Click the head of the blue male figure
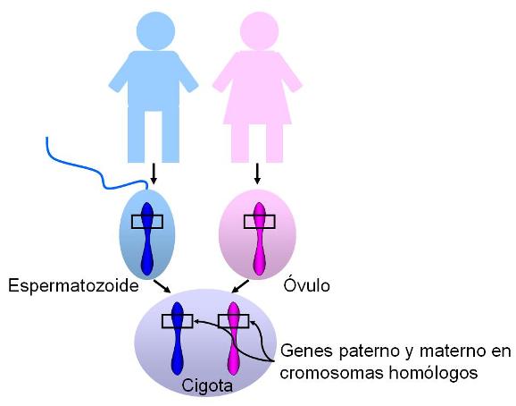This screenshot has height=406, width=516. click(x=155, y=31)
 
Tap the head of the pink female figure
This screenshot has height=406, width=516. click(x=259, y=31)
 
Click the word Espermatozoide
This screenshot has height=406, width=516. click(x=73, y=285)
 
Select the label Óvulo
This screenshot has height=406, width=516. click(x=307, y=285)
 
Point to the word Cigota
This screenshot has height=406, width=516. click(x=207, y=386)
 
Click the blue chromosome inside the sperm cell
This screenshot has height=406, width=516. click(x=147, y=239)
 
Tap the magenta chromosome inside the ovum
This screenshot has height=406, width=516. click(x=260, y=239)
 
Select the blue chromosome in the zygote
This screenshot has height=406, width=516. click(x=178, y=338)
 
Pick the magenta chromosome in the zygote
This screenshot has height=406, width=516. click(x=234, y=338)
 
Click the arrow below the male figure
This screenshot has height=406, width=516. click(x=153, y=174)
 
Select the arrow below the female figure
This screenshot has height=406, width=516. click(x=257, y=174)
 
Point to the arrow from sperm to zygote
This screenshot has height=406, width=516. click(x=162, y=286)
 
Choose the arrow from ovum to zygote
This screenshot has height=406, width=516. click(x=240, y=286)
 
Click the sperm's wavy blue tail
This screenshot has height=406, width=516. click(x=96, y=171)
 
